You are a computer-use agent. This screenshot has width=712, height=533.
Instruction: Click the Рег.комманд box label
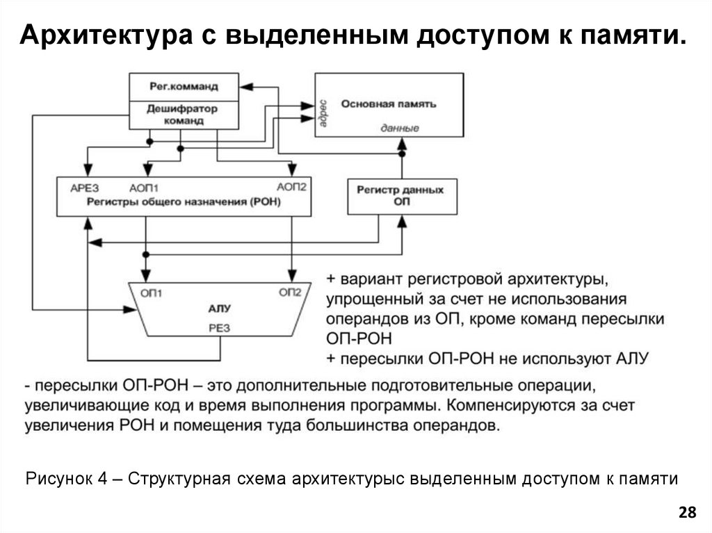click(x=184, y=87)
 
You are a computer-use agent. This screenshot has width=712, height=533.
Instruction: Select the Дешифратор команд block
click(x=184, y=115)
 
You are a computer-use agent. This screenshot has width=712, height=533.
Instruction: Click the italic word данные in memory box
click(x=400, y=129)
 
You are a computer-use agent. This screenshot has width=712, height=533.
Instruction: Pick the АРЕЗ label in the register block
click(x=85, y=188)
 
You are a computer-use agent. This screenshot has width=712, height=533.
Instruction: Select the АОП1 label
click(x=145, y=188)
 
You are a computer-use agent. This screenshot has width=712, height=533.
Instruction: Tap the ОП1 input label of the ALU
click(x=152, y=293)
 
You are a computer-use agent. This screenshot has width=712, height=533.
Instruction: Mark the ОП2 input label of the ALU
click(x=290, y=293)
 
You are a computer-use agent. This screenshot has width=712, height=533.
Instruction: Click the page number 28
click(x=686, y=513)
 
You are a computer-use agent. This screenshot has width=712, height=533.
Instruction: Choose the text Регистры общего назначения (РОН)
click(x=184, y=202)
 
